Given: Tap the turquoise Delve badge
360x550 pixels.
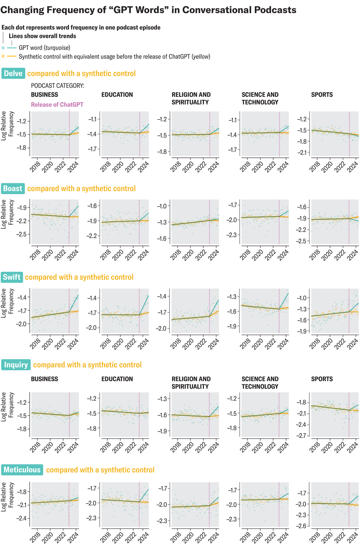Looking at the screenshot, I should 13,74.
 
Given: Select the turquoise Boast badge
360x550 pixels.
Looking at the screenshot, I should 13,189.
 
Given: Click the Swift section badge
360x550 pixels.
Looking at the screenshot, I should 12,277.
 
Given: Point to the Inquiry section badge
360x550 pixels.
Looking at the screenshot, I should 16,365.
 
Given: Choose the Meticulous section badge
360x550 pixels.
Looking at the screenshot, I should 22,470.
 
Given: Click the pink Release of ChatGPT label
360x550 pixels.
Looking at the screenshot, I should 57,104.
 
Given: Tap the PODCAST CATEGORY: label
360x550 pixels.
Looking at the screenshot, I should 58,86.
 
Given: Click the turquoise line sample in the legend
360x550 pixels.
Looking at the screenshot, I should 12,48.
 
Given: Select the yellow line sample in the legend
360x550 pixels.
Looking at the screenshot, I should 12,56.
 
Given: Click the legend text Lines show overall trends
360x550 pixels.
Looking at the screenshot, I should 42,36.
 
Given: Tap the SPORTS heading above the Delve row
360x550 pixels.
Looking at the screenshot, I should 322,95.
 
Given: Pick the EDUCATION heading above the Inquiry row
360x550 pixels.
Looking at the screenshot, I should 117,379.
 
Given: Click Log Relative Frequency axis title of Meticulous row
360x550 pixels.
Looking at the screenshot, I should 7,496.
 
